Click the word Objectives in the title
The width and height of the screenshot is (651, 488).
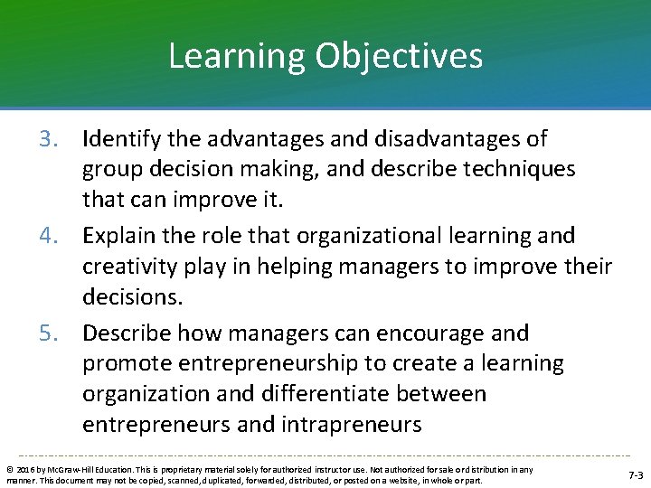pos(399,56)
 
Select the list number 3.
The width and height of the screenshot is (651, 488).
pos(51,139)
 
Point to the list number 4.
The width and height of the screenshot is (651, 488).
pos(51,237)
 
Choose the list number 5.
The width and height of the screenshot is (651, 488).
pos(51,333)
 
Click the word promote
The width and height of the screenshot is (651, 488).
pos(128,364)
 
